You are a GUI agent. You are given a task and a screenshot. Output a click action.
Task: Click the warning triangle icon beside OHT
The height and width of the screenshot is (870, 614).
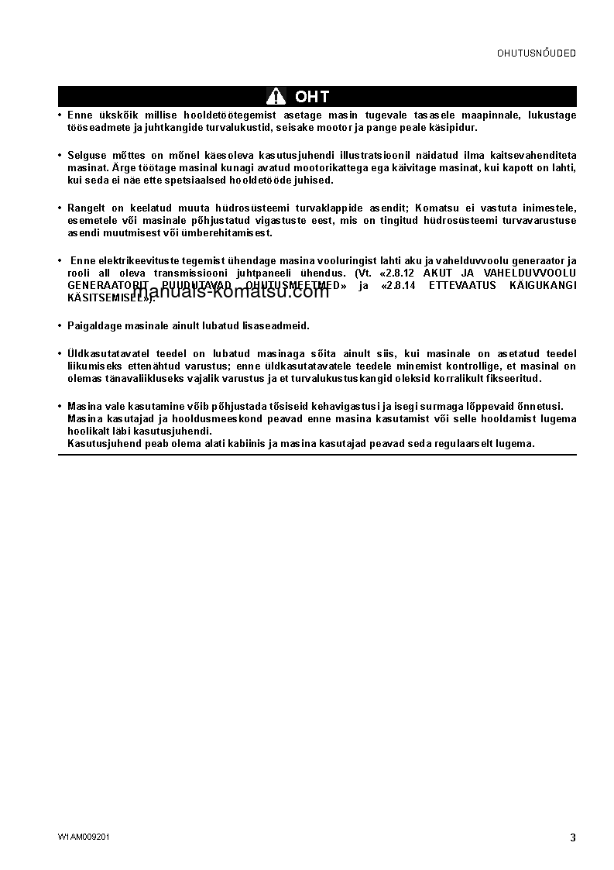point(276,96)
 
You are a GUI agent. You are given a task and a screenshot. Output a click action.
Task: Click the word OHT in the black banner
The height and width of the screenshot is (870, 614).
point(312,97)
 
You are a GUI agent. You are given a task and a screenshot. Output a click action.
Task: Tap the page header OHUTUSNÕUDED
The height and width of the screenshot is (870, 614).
point(537,53)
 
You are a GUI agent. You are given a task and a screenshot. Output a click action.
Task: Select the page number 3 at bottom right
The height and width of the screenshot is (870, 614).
point(572,837)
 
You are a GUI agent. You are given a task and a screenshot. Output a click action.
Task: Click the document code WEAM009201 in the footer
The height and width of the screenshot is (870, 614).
point(83,837)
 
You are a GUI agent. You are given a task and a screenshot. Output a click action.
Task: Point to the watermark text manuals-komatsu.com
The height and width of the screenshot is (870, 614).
point(232,292)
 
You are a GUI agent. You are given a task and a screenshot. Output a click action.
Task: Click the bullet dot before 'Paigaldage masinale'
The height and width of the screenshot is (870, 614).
point(60,326)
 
